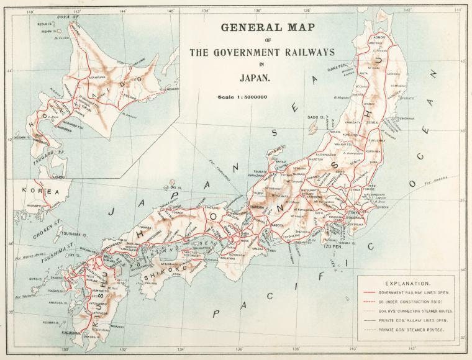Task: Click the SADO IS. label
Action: pos(316,117)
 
